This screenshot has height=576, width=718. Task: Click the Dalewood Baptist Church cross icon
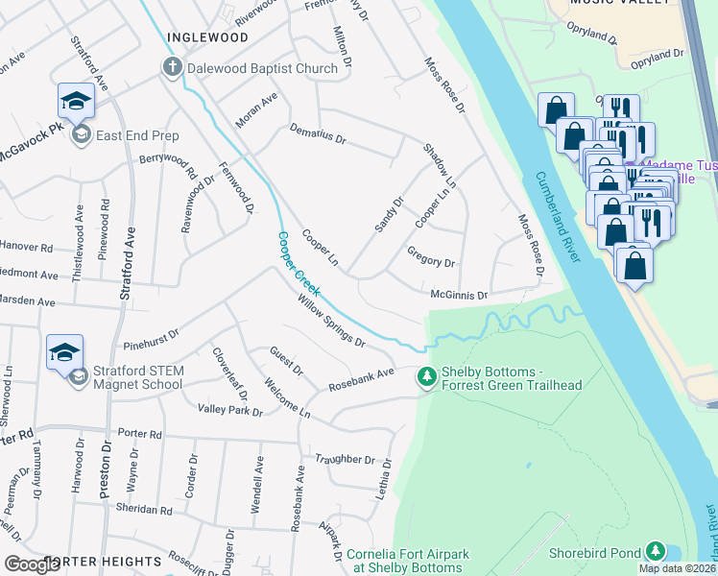(x=172, y=68)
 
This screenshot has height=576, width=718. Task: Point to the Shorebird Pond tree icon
(x=655, y=551)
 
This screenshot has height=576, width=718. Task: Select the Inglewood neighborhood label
(x=207, y=37)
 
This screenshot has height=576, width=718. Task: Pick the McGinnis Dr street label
(x=460, y=295)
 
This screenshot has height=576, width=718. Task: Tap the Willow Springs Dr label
(x=331, y=321)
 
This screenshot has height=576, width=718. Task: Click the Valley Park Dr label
(x=229, y=410)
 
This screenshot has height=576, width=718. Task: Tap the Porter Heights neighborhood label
(x=103, y=561)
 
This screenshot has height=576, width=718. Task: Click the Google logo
(x=33, y=564)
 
